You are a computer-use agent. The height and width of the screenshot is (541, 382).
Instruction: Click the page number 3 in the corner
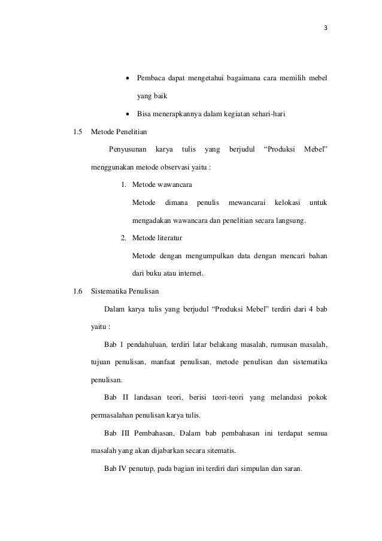point(326,28)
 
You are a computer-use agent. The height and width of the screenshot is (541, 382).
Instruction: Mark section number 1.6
point(77,292)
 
